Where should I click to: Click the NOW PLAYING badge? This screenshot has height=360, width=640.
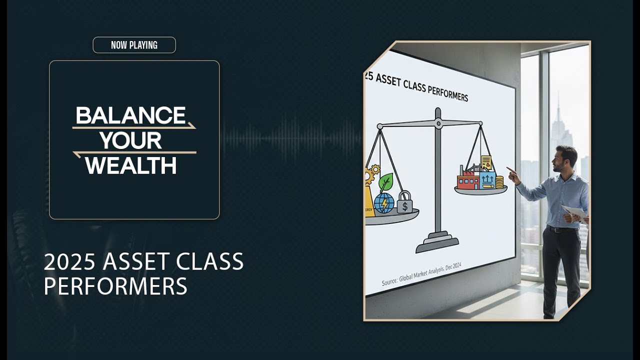(x=134, y=45)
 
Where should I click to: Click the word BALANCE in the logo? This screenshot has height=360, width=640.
(x=130, y=115)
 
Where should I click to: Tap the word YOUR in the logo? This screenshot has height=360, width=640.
(x=130, y=140)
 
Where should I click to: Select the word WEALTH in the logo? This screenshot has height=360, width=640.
(x=131, y=165)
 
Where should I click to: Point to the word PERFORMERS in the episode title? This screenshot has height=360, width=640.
(x=115, y=286)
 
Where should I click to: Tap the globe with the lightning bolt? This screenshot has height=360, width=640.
(x=383, y=203)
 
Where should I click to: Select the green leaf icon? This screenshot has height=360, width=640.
(x=385, y=183)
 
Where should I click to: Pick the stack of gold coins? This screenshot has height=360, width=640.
(x=499, y=182)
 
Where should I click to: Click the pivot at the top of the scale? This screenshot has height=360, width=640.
(x=438, y=123)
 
